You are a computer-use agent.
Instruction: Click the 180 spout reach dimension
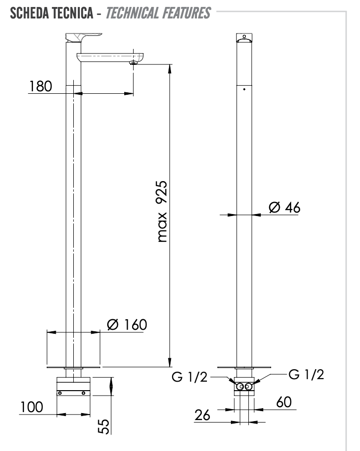(40, 86)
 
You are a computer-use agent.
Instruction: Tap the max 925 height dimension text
(162, 212)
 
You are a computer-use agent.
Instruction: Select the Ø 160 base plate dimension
(127, 324)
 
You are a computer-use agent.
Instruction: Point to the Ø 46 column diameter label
(284, 208)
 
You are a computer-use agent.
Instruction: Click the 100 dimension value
(31, 407)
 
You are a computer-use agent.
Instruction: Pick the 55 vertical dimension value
(104, 426)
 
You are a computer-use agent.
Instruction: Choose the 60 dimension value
(284, 402)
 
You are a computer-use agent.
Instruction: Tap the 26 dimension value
(202, 415)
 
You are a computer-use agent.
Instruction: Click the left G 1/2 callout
(189, 377)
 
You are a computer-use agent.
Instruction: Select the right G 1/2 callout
(306, 374)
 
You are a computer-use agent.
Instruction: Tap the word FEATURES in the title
(186, 13)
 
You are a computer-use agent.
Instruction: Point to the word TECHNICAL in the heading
(133, 13)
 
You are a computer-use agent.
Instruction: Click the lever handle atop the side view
(84, 38)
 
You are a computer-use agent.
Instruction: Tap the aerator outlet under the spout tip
(133, 63)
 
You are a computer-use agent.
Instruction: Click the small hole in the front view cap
(244, 36)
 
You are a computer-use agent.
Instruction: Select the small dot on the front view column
(244, 89)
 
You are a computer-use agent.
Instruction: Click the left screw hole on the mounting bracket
(60, 393)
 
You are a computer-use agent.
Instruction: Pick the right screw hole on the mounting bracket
(83, 393)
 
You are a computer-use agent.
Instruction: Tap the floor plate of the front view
(244, 367)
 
